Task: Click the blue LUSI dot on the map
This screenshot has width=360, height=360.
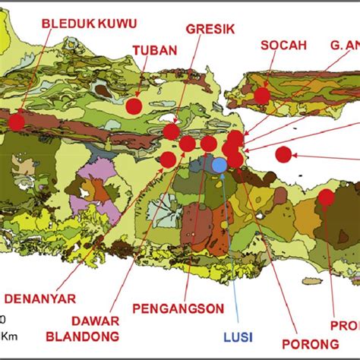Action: coord(219,165)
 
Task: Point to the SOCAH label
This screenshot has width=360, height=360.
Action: coord(283,45)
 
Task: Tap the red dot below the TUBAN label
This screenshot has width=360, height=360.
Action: coord(134,106)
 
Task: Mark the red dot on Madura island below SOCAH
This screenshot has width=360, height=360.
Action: coord(262,96)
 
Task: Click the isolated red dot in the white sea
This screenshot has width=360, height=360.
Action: coord(283,154)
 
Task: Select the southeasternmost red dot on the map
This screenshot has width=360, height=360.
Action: coord(326,197)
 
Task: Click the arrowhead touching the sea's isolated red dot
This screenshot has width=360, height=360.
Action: coord(296,154)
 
